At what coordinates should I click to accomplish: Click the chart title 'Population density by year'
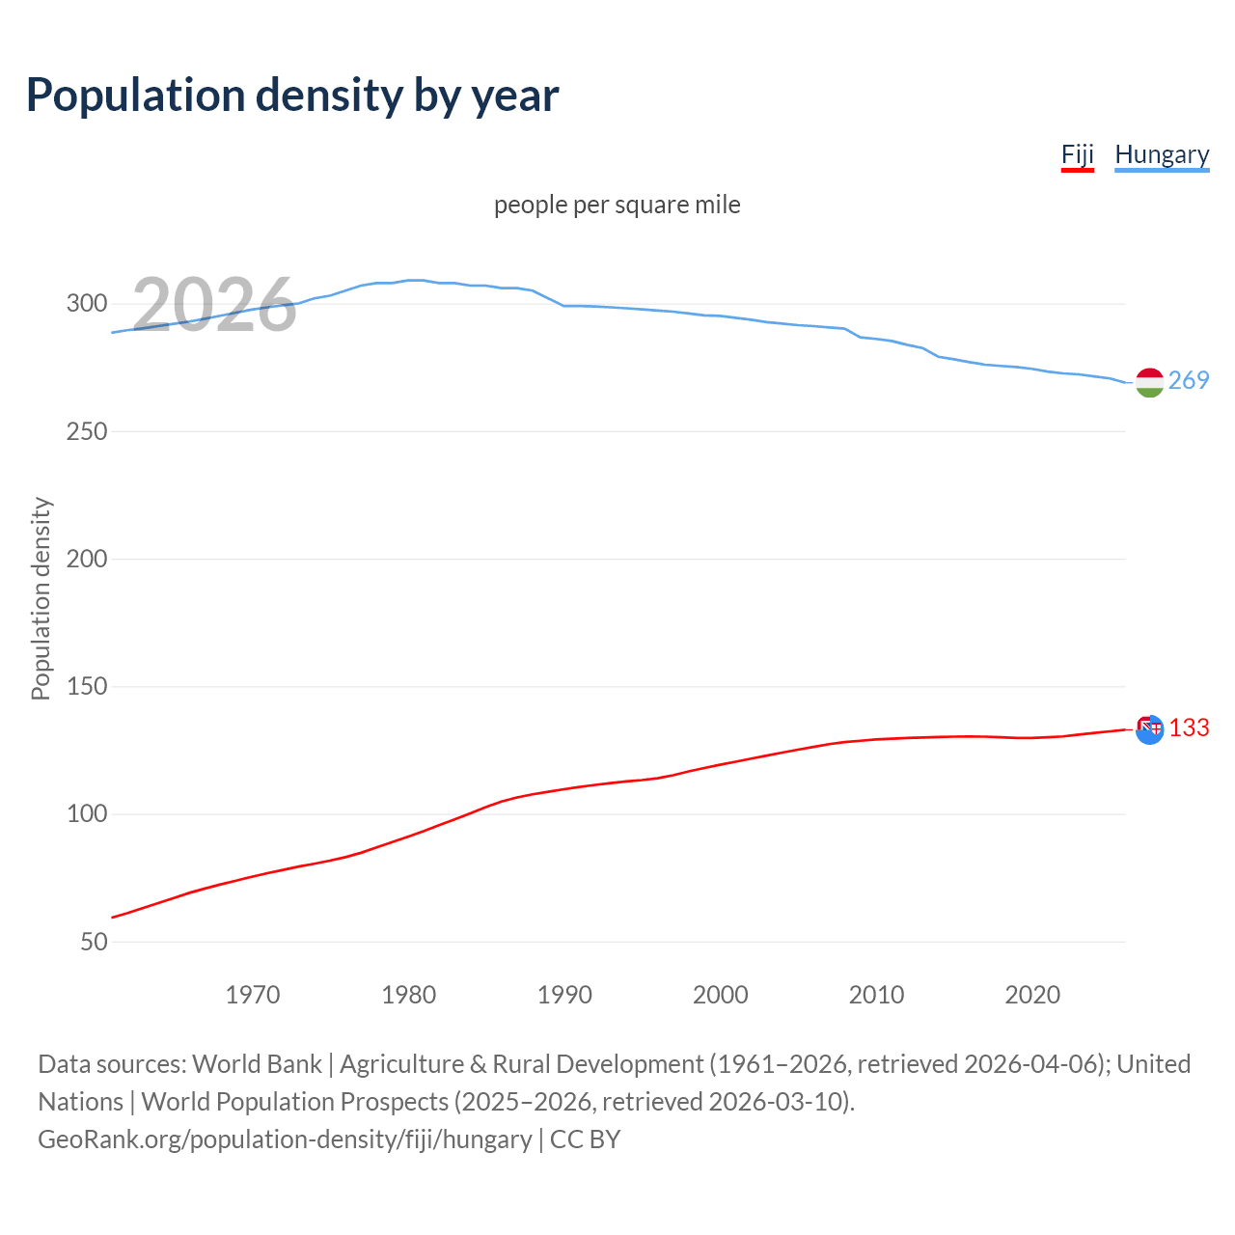point(292,96)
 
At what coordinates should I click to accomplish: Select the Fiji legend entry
point(1077,154)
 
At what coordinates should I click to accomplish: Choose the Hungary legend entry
point(1162,154)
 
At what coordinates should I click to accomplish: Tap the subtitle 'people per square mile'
point(617,205)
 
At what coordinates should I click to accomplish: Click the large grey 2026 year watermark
point(214,305)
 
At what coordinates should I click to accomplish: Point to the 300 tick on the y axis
point(87,304)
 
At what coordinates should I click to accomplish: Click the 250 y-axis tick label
point(87,431)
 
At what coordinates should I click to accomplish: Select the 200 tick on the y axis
point(87,559)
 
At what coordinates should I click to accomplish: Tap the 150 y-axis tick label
point(87,687)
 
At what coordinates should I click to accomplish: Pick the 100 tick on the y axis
point(87,814)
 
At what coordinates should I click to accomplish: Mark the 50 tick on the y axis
point(94,942)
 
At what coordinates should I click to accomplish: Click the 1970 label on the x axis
point(253,995)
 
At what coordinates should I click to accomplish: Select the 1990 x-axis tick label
point(564,995)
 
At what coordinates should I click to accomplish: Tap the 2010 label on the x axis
point(876,995)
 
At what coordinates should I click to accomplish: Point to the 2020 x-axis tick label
point(1032,995)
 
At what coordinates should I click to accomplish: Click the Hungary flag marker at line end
point(1149,383)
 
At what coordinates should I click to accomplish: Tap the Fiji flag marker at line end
point(1149,729)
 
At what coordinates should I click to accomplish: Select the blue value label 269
point(1189,380)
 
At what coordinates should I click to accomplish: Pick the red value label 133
point(1189,727)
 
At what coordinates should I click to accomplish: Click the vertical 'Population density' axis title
point(41,598)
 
